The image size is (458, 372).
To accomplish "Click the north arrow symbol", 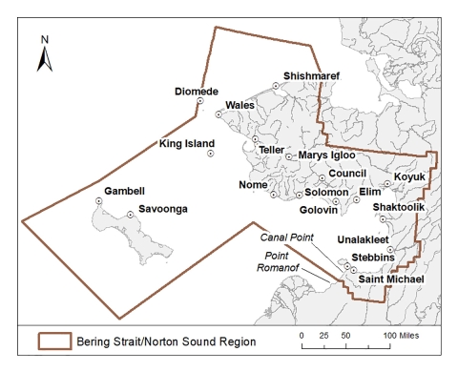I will point(44,55).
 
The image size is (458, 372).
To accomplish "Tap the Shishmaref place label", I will point(312,75).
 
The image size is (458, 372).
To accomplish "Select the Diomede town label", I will point(198,92).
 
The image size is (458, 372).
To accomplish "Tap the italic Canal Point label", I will point(286,238).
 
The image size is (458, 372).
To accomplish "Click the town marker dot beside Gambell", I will point(98,201).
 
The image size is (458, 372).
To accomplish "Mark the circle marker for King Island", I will point(210,154).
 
